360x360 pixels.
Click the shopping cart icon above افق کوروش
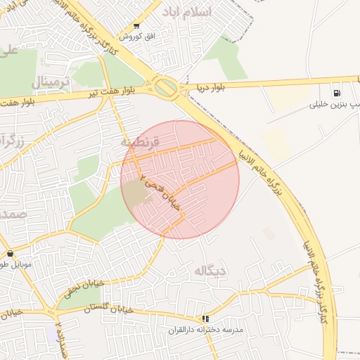click(136, 25)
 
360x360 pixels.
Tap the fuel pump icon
click(337, 93)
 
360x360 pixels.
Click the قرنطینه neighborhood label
click(141, 141)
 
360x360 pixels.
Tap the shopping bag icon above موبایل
click(9, 253)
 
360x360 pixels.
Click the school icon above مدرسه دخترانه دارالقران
click(205, 318)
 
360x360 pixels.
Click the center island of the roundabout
click(167, 87)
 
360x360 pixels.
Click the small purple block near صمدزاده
click(53, 333)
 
